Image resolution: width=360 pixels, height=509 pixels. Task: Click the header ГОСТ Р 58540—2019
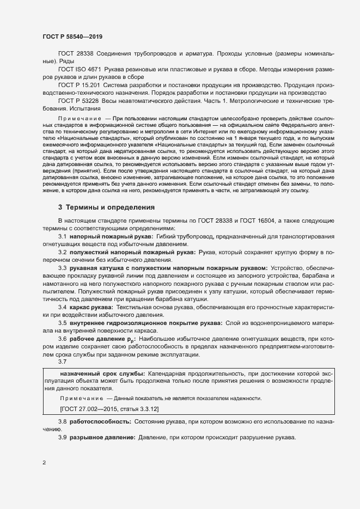coord(72,36)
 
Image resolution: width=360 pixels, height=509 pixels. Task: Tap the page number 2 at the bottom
coord(44,463)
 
